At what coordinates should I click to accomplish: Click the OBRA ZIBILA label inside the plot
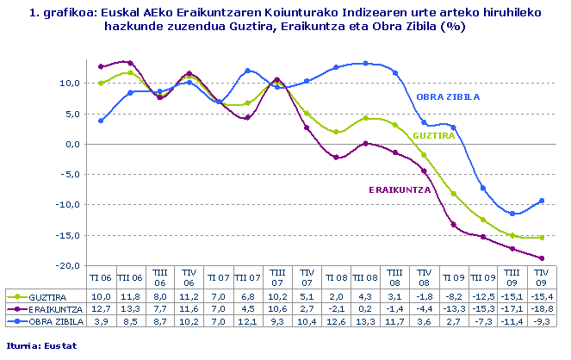447,96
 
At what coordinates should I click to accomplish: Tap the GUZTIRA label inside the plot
434,135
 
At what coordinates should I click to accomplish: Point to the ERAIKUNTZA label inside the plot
400,189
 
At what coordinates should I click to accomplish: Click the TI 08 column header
336,277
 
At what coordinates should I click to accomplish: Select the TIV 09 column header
542,277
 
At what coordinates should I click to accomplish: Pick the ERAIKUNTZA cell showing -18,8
542,307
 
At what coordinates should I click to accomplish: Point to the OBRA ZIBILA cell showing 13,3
365,320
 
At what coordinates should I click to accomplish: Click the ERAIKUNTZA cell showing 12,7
101,307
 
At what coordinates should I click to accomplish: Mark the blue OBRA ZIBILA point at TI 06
101,121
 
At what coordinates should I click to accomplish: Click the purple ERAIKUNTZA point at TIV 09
542,258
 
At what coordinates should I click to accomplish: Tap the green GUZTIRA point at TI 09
454,194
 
